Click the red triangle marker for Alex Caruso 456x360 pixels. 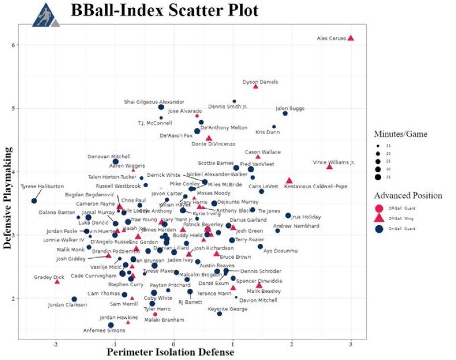(x=351, y=38)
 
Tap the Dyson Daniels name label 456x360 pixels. (x=260, y=82)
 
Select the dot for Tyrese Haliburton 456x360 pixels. (x=34, y=201)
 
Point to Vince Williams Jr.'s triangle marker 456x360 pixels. (x=329, y=166)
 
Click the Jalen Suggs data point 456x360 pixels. (x=285, y=113)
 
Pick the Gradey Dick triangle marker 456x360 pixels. (x=57, y=281)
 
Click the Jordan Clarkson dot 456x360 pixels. (x=74, y=299)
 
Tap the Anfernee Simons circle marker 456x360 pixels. (x=111, y=325)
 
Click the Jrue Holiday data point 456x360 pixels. (x=288, y=216)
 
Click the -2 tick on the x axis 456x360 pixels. (x=56, y=345)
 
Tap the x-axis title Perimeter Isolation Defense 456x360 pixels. (x=171, y=353)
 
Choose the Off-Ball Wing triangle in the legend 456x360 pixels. (x=380, y=218)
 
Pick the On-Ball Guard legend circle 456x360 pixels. (x=380, y=229)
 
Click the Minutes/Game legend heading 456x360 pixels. (x=400, y=134)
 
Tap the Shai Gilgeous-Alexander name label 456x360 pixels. (x=154, y=102)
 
